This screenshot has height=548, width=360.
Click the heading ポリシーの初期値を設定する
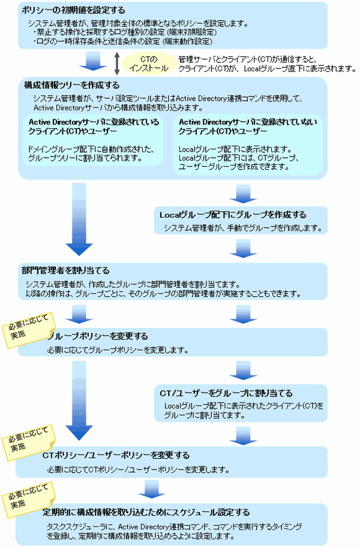pyautogui.click(x=73, y=11)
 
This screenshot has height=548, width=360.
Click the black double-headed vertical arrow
pyautogui.click(x=118, y=62)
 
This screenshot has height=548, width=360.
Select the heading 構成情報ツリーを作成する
pyautogui.click(x=71, y=85)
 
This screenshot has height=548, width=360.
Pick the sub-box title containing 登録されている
pyautogui.click(x=94, y=127)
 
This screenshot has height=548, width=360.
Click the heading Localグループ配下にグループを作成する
pyautogui.click(x=233, y=215)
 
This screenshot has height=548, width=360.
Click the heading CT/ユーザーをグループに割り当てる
pyautogui.click(x=226, y=393)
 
